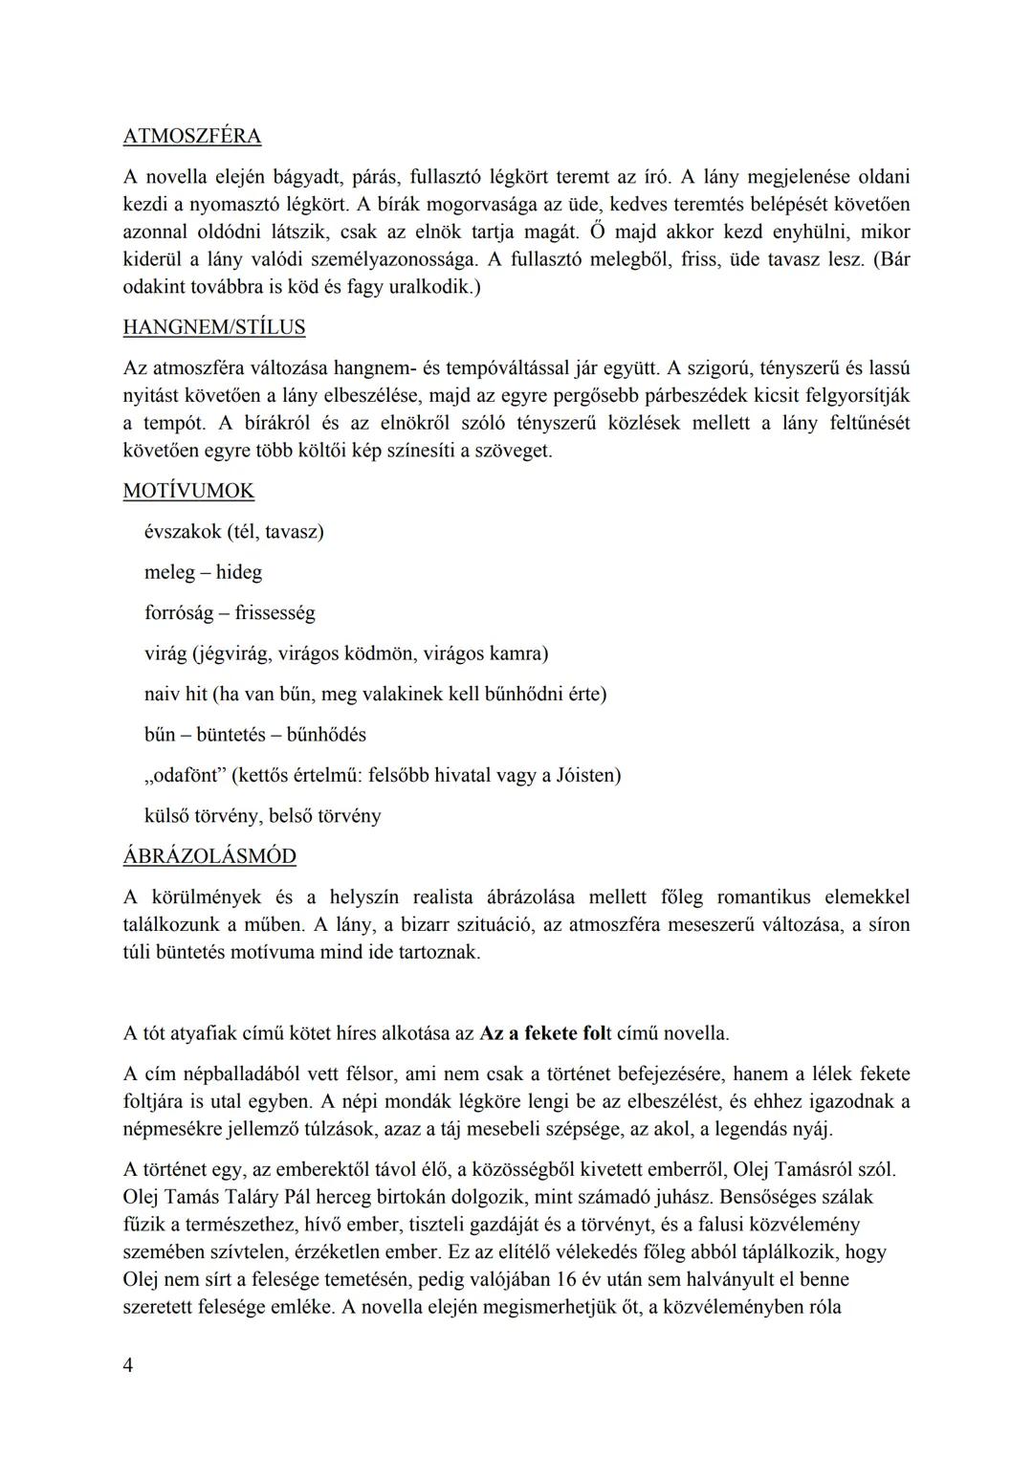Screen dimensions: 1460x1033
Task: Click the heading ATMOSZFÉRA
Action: point(191,136)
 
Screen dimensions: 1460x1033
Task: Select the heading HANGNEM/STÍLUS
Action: point(214,327)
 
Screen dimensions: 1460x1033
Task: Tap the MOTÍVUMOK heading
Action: point(188,491)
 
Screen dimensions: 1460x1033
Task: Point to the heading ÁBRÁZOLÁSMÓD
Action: point(209,856)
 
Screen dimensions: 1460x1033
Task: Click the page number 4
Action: point(128,1365)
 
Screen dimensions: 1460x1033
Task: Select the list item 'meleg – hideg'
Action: point(203,572)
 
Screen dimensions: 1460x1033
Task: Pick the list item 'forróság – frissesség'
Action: point(230,612)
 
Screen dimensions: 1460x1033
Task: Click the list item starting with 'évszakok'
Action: point(233,531)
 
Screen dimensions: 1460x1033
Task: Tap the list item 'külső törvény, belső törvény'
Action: point(262,816)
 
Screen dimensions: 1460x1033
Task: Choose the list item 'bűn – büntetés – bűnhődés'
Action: point(255,735)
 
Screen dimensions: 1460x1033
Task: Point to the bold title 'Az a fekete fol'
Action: point(545,1033)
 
